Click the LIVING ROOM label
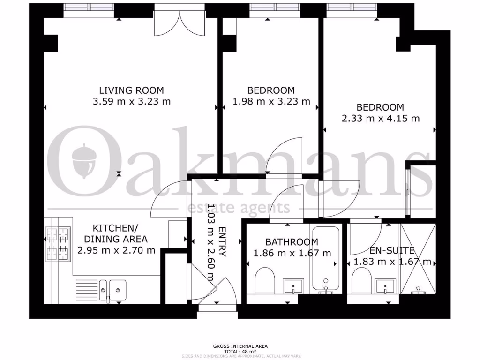tap(131, 90)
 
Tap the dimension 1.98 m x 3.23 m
tap(271, 101)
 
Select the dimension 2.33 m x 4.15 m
tap(380, 118)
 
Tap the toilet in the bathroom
tap(264, 280)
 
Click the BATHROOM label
tap(292, 242)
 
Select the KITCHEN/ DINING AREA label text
tap(115, 233)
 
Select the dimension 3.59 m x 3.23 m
tap(131, 101)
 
